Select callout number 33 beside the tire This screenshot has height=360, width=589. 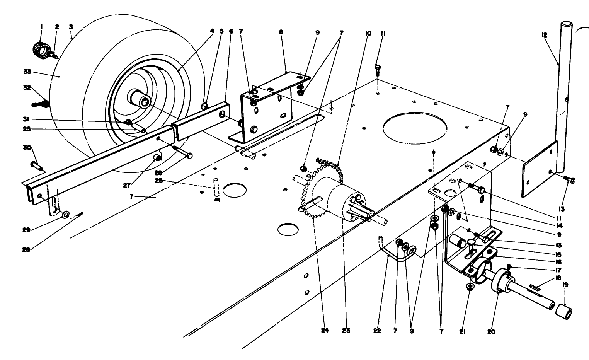pos(27,72)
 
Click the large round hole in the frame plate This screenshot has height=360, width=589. pos(415,126)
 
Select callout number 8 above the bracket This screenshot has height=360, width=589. pos(281,32)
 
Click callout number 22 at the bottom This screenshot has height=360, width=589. pos(377,331)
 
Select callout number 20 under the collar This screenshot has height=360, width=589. pos(491,331)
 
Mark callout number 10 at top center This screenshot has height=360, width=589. pos(367,34)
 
